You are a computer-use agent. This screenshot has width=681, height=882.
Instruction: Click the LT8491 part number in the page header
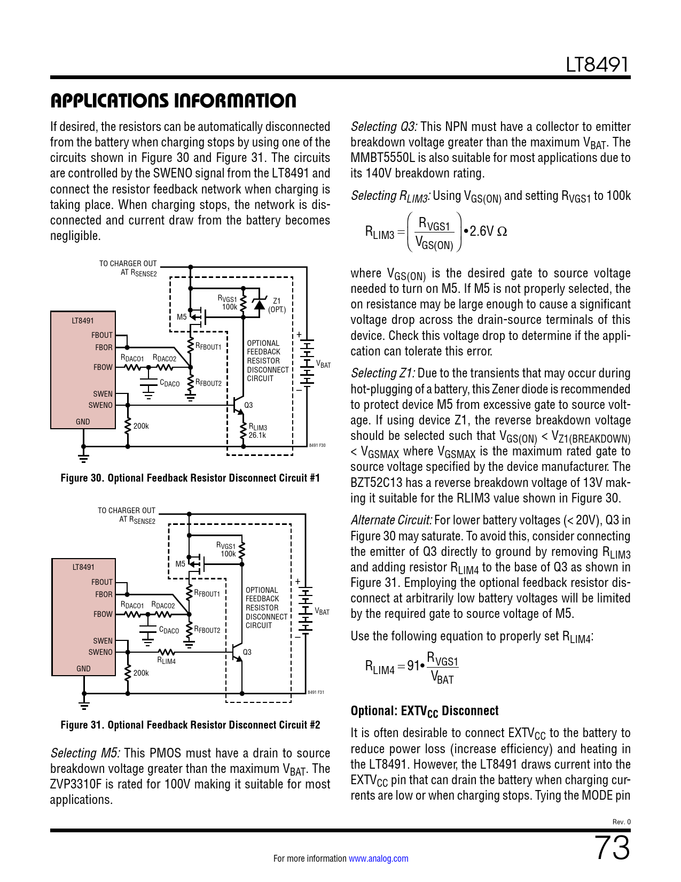click(597, 65)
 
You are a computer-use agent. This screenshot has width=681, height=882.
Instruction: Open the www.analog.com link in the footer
click(378, 858)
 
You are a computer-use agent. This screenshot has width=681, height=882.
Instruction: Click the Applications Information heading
click(173, 100)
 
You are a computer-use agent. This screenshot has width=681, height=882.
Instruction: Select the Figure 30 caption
click(190, 478)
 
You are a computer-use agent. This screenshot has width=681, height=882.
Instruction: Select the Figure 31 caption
click(190, 725)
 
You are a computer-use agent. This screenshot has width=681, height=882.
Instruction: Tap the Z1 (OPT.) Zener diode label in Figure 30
click(277, 305)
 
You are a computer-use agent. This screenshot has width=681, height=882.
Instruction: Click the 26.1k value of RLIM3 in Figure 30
click(257, 435)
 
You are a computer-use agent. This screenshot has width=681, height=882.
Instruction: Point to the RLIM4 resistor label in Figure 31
click(166, 661)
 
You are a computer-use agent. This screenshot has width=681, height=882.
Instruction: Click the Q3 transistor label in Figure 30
click(248, 405)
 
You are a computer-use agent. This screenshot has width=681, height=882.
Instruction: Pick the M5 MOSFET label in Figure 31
click(181, 564)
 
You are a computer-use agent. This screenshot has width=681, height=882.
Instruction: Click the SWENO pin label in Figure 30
click(100, 405)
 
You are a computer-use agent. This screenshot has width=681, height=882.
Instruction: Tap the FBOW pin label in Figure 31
click(103, 614)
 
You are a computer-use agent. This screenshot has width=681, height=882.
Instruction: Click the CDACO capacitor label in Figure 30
click(170, 383)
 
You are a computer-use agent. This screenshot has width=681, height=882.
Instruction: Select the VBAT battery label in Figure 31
click(322, 612)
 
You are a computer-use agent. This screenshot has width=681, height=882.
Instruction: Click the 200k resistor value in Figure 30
click(141, 426)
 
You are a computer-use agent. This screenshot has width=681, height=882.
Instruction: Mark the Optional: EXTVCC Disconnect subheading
click(425, 711)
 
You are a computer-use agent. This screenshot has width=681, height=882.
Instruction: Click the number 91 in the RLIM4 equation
click(413, 666)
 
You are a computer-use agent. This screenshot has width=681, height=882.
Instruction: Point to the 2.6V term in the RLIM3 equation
click(481, 231)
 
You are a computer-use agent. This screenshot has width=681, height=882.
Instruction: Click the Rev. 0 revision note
click(621, 822)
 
